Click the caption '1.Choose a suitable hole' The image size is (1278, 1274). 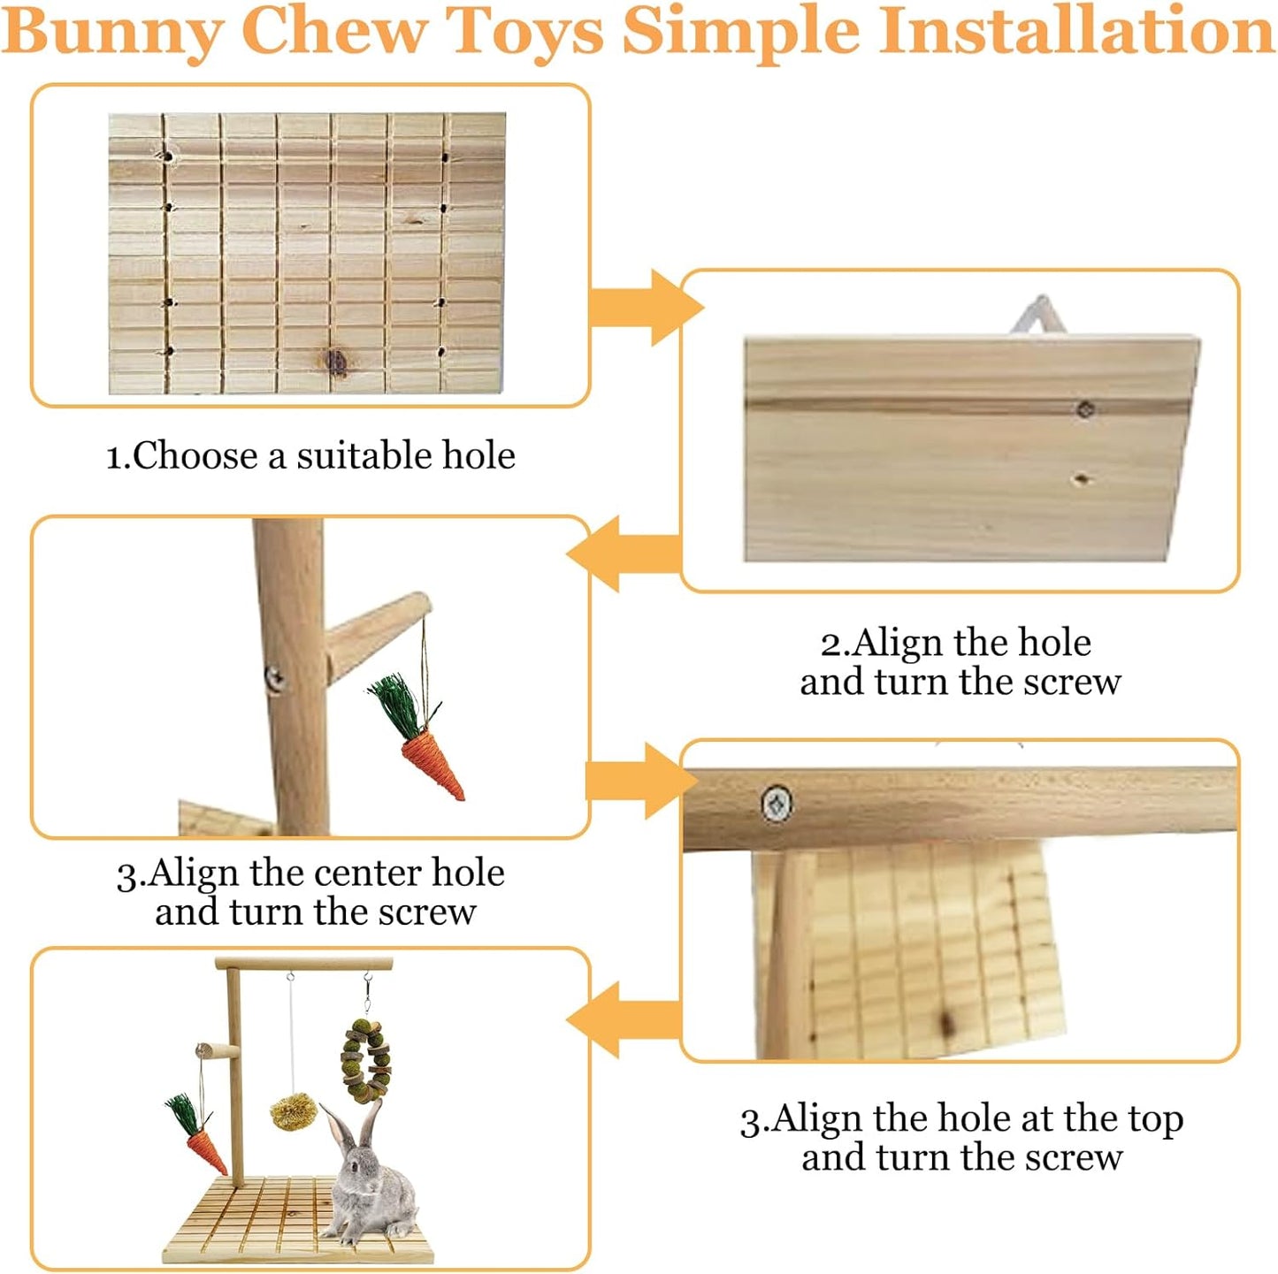coord(310,456)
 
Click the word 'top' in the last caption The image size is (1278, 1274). coord(1155,1120)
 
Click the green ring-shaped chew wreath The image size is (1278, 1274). coord(365,1061)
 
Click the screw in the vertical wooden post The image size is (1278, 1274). coord(275,678)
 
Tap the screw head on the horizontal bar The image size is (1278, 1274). coord(777,804)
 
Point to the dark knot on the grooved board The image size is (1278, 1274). coord(336,361)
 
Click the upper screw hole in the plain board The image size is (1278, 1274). coord(1084,408)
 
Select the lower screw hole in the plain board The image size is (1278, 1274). coord(1081,480)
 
